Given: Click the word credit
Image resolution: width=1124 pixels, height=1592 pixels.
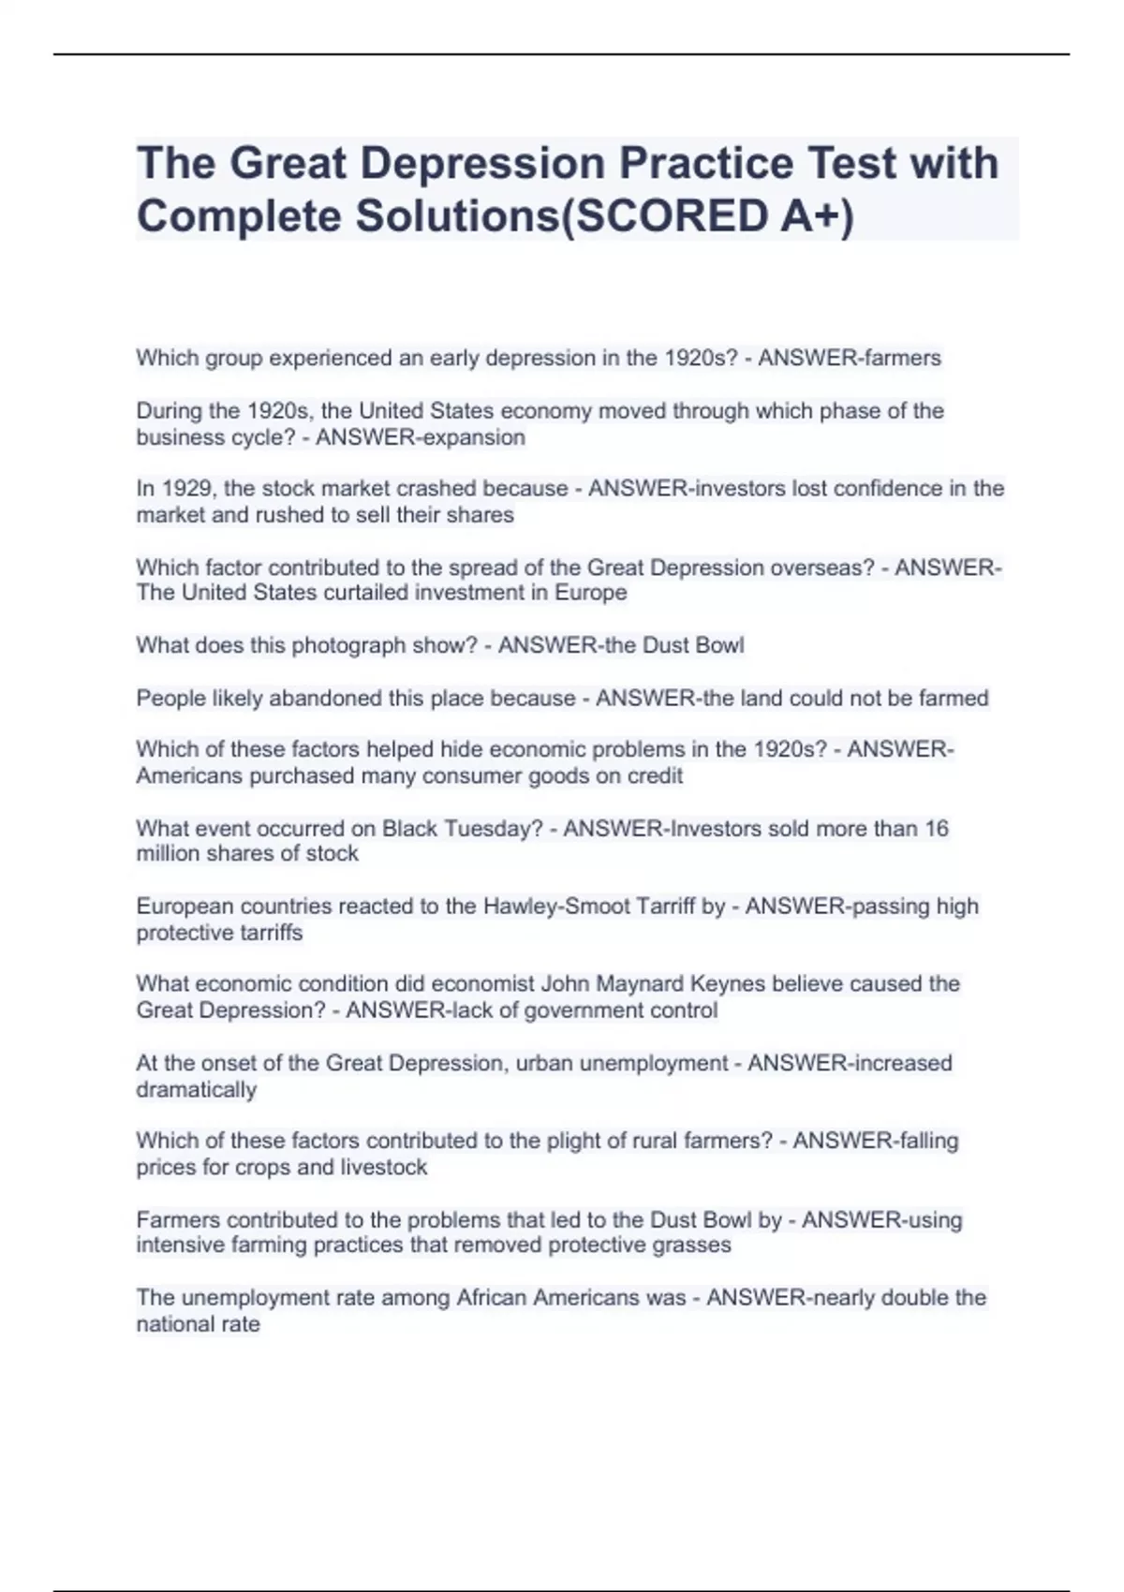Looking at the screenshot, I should point(655,775).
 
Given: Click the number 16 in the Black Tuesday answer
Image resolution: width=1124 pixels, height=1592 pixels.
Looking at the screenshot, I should point(936,828).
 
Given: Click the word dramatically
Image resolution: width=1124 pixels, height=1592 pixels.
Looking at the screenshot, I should point(196,1089).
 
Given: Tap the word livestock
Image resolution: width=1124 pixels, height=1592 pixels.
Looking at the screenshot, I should point(384,1167).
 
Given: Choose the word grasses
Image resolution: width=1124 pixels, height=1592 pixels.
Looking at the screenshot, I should point(692,1245).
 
